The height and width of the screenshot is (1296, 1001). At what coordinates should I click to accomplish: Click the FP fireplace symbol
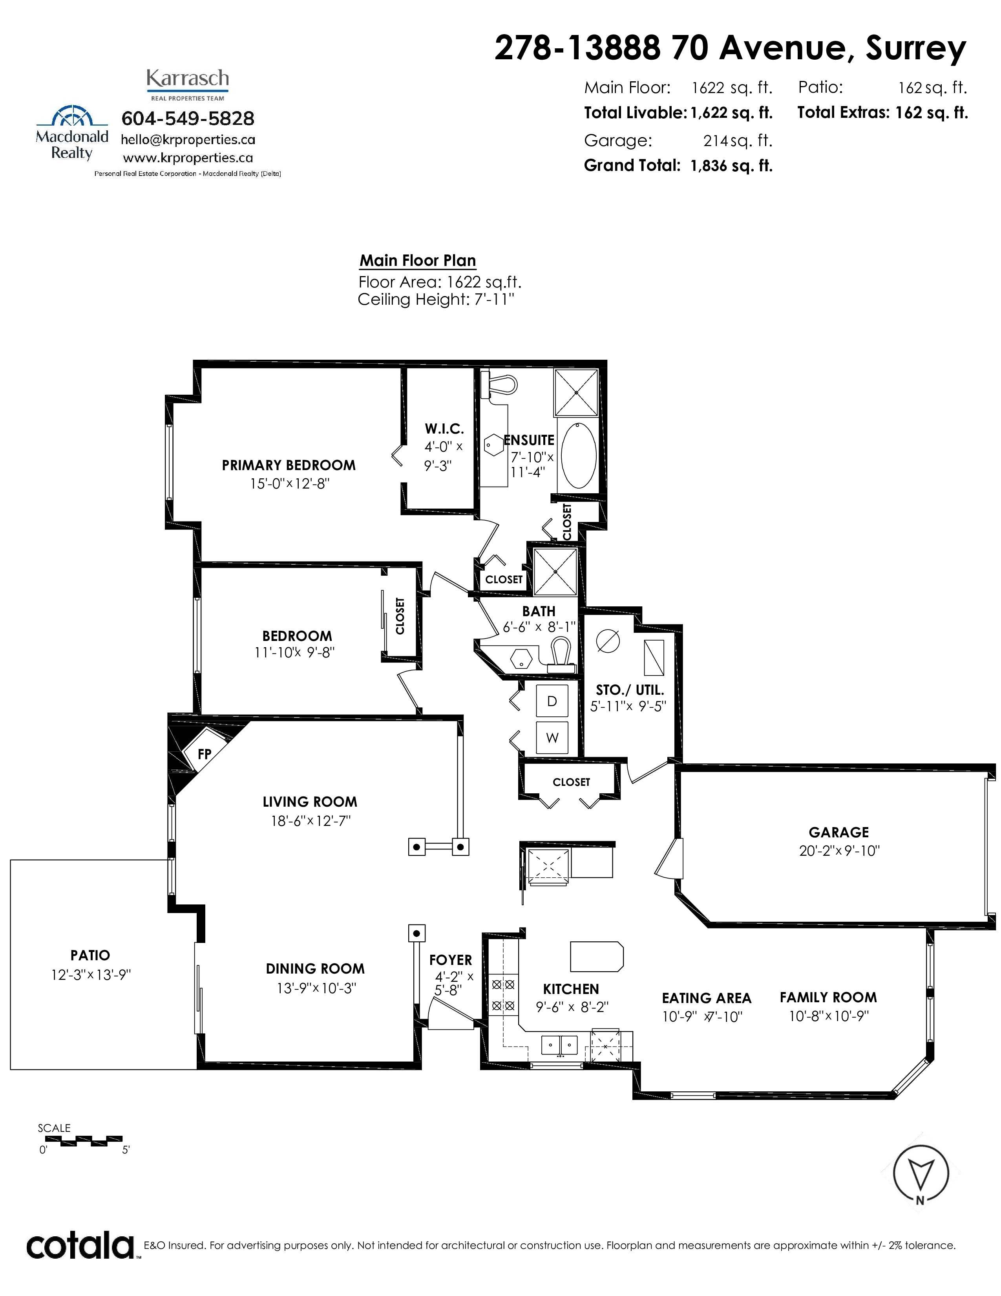click(x=205, y=754)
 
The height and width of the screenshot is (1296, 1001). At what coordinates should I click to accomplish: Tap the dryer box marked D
click(x=552, y=701)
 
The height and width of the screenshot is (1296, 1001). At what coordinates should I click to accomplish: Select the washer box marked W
click(x=552, y=738)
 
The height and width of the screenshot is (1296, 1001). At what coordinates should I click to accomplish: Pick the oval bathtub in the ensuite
click(x=579, y=455)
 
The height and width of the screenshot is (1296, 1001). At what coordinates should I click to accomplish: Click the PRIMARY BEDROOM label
click(x=289, y=465)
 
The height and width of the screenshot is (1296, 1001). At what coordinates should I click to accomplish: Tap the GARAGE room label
click(x=838, y=832)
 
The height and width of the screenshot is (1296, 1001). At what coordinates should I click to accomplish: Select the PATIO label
click(x=90, y=956)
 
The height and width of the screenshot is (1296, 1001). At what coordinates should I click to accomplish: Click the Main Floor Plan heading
click(x=418, y=260)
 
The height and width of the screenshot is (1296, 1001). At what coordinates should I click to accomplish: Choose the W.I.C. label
click(x=444, y=429)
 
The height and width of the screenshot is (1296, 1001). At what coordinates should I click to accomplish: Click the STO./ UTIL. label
click(x=630, y=690)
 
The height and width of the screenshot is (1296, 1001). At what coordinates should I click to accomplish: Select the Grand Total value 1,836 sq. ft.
click(x=731, y=166)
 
